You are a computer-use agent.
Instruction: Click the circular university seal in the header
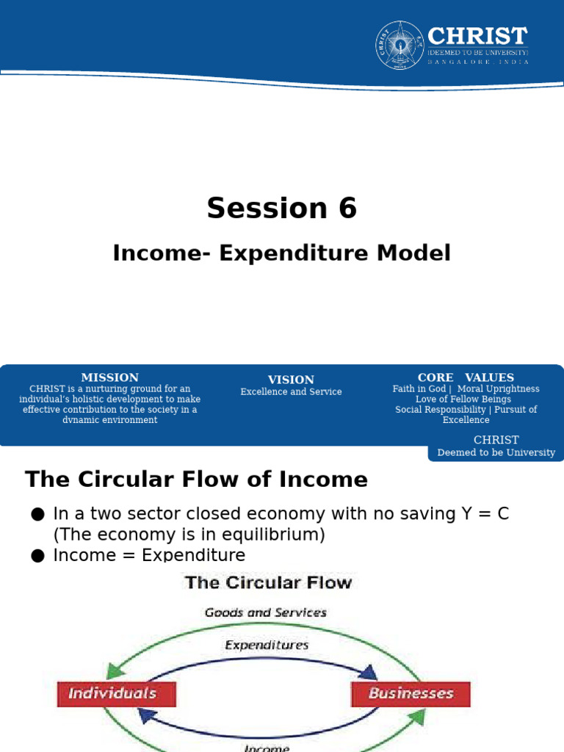pos(399,45)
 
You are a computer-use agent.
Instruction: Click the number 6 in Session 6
pos(347,209)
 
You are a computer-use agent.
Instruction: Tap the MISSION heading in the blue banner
pos(109,377)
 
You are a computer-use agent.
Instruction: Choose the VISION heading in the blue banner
pos(291,380)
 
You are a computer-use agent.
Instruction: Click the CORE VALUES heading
pos(466,377)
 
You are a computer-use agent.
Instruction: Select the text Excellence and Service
pos(291,392)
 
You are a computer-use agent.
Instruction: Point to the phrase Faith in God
pos(419,388)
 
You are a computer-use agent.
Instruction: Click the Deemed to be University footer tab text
pos(496,452)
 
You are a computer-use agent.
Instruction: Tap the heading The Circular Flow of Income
pos(196,480)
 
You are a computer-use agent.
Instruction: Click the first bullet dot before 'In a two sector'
pos(38,514)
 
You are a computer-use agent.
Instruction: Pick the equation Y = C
pos(482,514)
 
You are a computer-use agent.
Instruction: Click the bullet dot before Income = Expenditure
pos(38,556)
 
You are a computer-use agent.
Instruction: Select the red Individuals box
pos(116,693)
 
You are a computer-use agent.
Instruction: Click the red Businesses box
pos(411,693)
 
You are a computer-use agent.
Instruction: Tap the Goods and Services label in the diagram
pos(266,612)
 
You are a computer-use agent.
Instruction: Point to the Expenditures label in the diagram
pos(267,646)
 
